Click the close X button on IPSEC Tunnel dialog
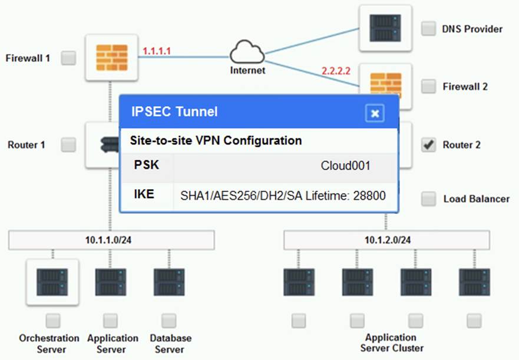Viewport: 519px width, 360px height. click(x=375, y=113)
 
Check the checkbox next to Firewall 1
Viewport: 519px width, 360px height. click(x=69, y=58)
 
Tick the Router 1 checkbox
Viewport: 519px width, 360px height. click(x=69, y=144)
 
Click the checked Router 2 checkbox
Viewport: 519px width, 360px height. click(x=428, y=144)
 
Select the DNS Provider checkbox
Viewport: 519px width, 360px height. click(x=428, y=28)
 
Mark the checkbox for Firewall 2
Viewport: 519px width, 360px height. click(x=428, y=87)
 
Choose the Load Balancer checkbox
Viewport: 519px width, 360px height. click(x=428, y=199)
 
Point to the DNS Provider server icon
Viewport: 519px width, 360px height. click(x=386, y=28)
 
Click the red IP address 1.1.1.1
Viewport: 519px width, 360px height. click(x=156, y=51)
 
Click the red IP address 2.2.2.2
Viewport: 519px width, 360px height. click(x=336, y=71)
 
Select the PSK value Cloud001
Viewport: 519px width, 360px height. click(x=345, y=166)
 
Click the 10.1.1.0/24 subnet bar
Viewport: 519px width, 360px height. click(x=111, y=240)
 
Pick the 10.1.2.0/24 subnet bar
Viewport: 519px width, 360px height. click(x=386, y=240)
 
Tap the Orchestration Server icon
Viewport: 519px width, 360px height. click(x=52, y=282)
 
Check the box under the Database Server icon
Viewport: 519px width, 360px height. click(x=169, y=321)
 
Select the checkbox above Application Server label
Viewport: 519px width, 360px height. click(x=110, y=321)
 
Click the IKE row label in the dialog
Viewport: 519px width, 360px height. click(x=144, y=194)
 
